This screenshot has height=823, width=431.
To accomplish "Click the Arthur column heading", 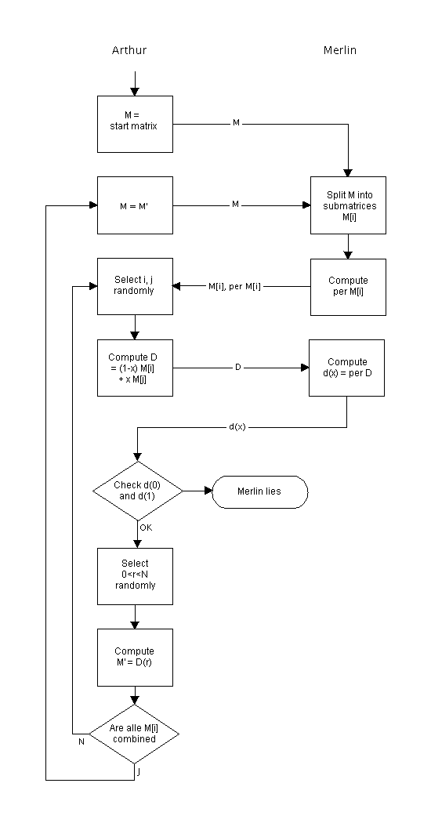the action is point(129,50).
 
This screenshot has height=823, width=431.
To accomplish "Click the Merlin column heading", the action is point(339,50).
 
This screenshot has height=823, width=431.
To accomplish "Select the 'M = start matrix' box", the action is point(135,125).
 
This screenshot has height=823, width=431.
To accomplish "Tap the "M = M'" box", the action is point(135,205).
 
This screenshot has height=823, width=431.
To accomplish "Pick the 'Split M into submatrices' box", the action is point(348,205).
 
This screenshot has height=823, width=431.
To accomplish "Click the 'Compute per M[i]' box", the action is point(348,287).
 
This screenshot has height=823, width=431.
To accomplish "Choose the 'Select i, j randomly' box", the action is point(135,287).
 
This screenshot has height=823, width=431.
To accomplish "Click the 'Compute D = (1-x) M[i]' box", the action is point(135,368).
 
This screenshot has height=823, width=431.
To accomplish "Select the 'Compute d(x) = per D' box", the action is point(346,368).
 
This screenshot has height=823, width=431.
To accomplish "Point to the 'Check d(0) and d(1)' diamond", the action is point(138,491).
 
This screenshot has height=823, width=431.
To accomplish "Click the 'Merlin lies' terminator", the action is point(260,491).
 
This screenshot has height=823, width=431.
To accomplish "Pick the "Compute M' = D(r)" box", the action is point(135,658).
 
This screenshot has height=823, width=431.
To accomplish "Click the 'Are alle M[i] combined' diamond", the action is point(134,734).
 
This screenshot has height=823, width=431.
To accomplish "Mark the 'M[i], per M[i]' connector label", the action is point(234,287).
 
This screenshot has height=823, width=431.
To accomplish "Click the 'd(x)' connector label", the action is point(237,427).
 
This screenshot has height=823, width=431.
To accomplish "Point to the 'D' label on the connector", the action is point(237,368).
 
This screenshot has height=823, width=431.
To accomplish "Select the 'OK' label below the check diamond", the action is point(146,528).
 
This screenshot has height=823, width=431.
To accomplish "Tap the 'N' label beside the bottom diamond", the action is point(81,742).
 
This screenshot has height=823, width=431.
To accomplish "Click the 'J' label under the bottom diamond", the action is point(139,771).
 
